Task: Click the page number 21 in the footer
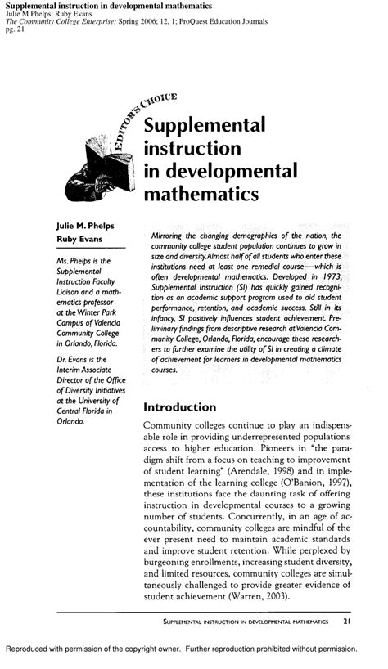347,622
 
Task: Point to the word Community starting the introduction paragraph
174,425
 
